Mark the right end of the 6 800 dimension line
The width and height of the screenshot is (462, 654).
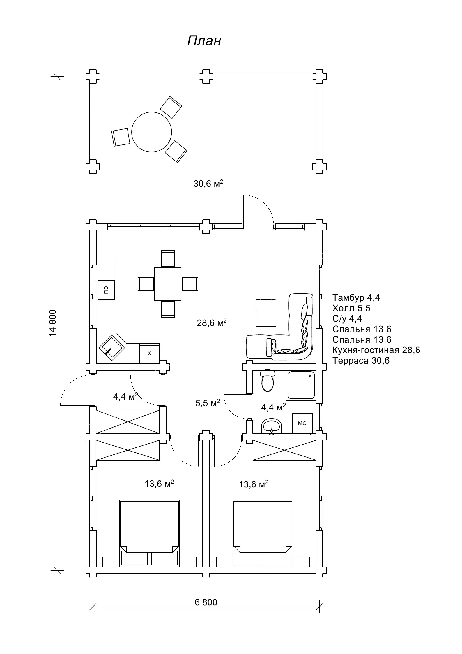(320, 607)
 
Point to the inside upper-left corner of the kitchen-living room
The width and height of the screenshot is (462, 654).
(96, 230)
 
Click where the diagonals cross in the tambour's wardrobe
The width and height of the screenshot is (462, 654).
(128, 422)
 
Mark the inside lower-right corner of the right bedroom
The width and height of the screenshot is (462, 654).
(316, 567)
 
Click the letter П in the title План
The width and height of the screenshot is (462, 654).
(192, 41)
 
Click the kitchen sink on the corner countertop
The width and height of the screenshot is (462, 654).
(112, 348)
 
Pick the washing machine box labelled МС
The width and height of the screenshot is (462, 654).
(302, 423)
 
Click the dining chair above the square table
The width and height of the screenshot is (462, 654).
(168, 258)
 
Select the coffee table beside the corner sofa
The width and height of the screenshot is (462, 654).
(266, 313)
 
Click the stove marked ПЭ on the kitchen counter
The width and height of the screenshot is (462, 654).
(106, 290)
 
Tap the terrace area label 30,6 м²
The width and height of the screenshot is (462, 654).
(208, 184)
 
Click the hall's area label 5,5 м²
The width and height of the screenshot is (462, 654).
(208, 403)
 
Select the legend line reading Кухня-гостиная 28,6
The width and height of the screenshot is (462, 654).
(376, 350)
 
